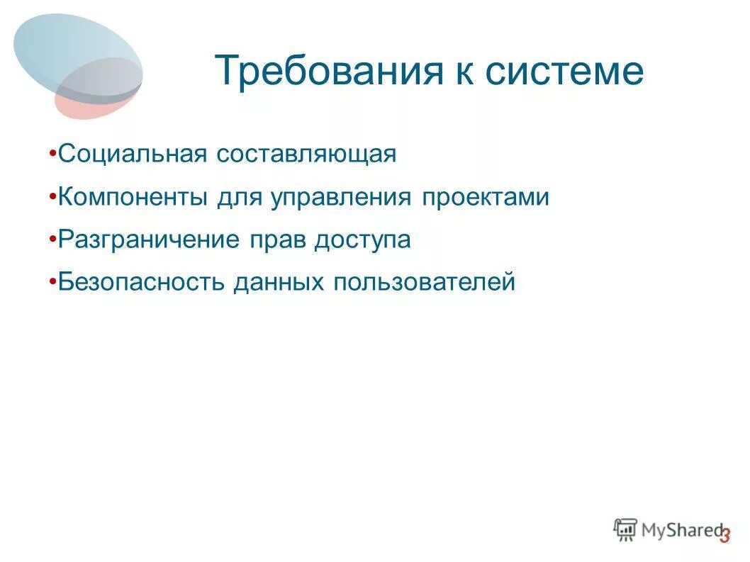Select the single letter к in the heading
point(465,72)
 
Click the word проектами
point(486,198)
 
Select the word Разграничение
point(149,240)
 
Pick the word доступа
point(362,240)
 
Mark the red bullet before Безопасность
point(55,282)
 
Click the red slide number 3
point(724,536)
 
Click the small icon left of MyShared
point(625,529)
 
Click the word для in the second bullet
point(239,198)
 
